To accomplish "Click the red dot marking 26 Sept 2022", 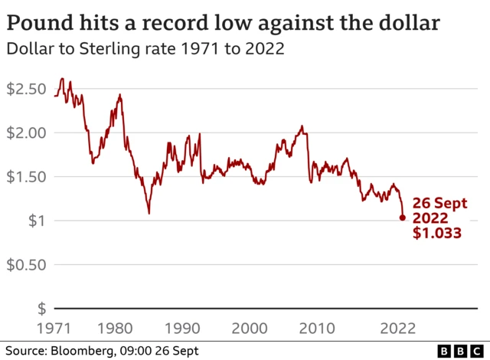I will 402,218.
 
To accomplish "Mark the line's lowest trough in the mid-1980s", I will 149,212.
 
